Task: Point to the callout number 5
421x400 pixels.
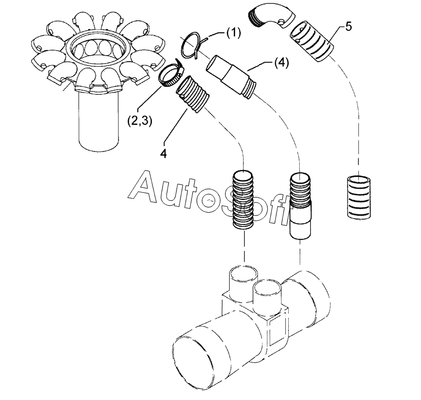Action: tap(348, 26)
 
